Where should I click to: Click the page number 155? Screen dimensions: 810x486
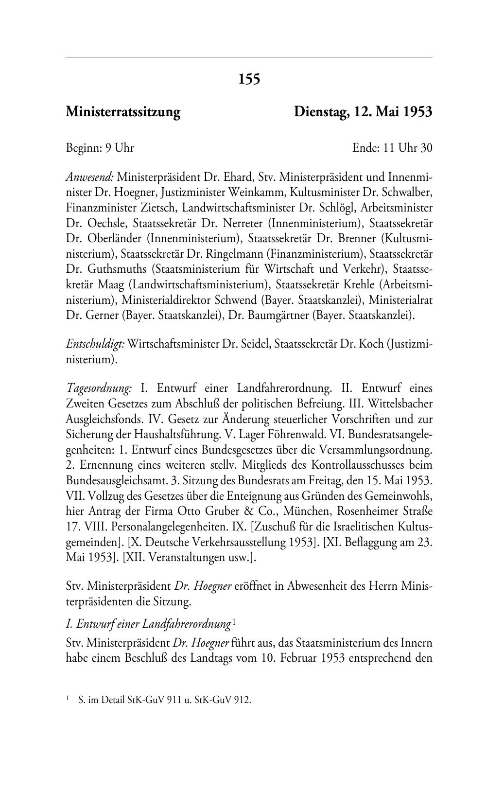coord(249,78)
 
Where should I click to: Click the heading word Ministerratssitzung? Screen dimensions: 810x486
coord(123,112)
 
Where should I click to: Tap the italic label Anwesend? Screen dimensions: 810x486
coord(90,176)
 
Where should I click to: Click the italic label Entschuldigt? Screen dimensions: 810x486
coord(95,344)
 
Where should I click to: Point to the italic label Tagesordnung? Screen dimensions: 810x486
coord(99,388)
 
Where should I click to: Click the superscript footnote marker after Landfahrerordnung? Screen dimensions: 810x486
coord(234,622)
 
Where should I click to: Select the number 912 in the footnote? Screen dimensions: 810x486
coord(242,701)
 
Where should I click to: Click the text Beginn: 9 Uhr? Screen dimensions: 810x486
coord(100,148)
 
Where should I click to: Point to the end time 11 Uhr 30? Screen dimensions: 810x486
coord(408,148)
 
